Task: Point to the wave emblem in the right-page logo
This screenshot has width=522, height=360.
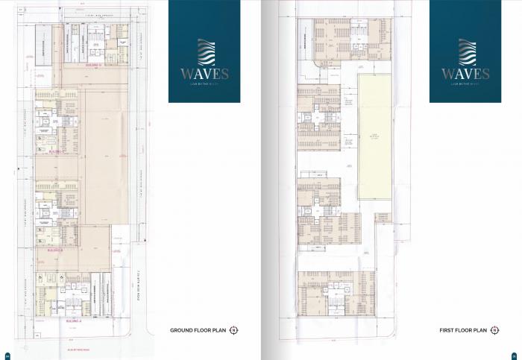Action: point(465,52)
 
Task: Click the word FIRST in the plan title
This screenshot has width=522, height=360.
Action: point(447,329)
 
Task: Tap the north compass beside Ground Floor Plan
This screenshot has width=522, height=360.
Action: point(233,330)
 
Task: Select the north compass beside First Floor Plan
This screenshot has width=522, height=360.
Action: point(494,329)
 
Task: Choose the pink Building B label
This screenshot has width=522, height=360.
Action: point(54,250)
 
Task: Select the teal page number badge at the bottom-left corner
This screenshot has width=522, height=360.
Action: point(7,353)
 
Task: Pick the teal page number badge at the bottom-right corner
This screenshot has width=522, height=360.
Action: point(515,353)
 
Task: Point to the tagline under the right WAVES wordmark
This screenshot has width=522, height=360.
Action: point(465,85)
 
